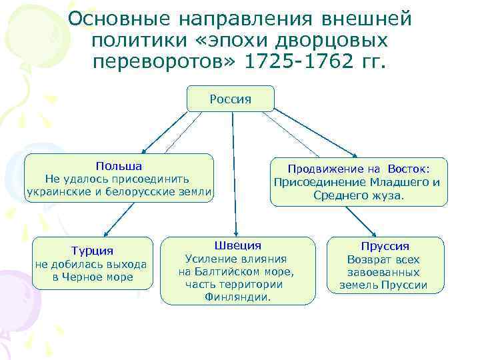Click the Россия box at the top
pyautogui.click(x=231, y=99)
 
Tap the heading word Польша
pyautogui.click(x=118, y=165)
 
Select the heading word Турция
pyautogui.click(x=93, y=251)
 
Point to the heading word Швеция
pyautogui.click(x=237, y=245)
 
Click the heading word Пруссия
pyautogui.click(x=385, y=246)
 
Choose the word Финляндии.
pyautogui.click(x=237, y=297)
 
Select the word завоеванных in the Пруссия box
pyautogui.click(x=383, y=273)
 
